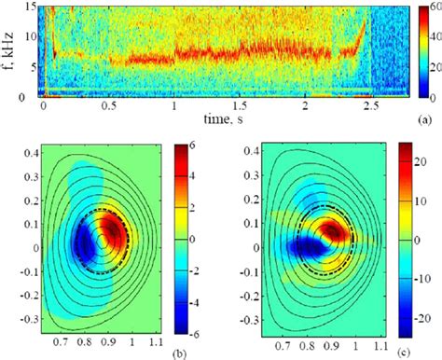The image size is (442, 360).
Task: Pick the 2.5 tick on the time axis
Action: (x=372, y=107)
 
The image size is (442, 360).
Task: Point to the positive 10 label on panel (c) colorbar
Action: (x=422, y=197)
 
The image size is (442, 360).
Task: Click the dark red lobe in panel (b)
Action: (x=114, y=228)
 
